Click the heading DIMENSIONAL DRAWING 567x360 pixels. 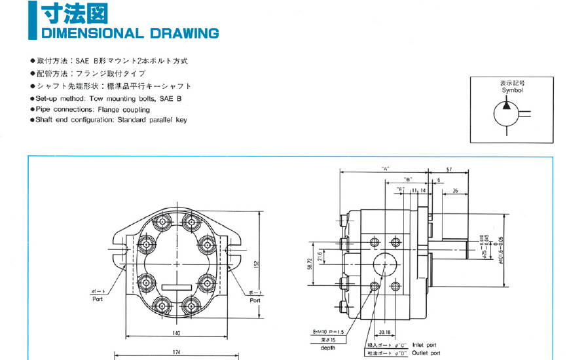pos(130,33)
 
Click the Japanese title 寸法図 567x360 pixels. pos(74,12)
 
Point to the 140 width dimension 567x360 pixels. pos(176,334)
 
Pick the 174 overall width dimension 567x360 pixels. pos(177,353)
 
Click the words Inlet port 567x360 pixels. pos(424,345)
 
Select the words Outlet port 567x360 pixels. pos(426,353)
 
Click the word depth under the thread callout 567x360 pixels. pos(328,348)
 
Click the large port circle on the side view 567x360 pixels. pos(385,264)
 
